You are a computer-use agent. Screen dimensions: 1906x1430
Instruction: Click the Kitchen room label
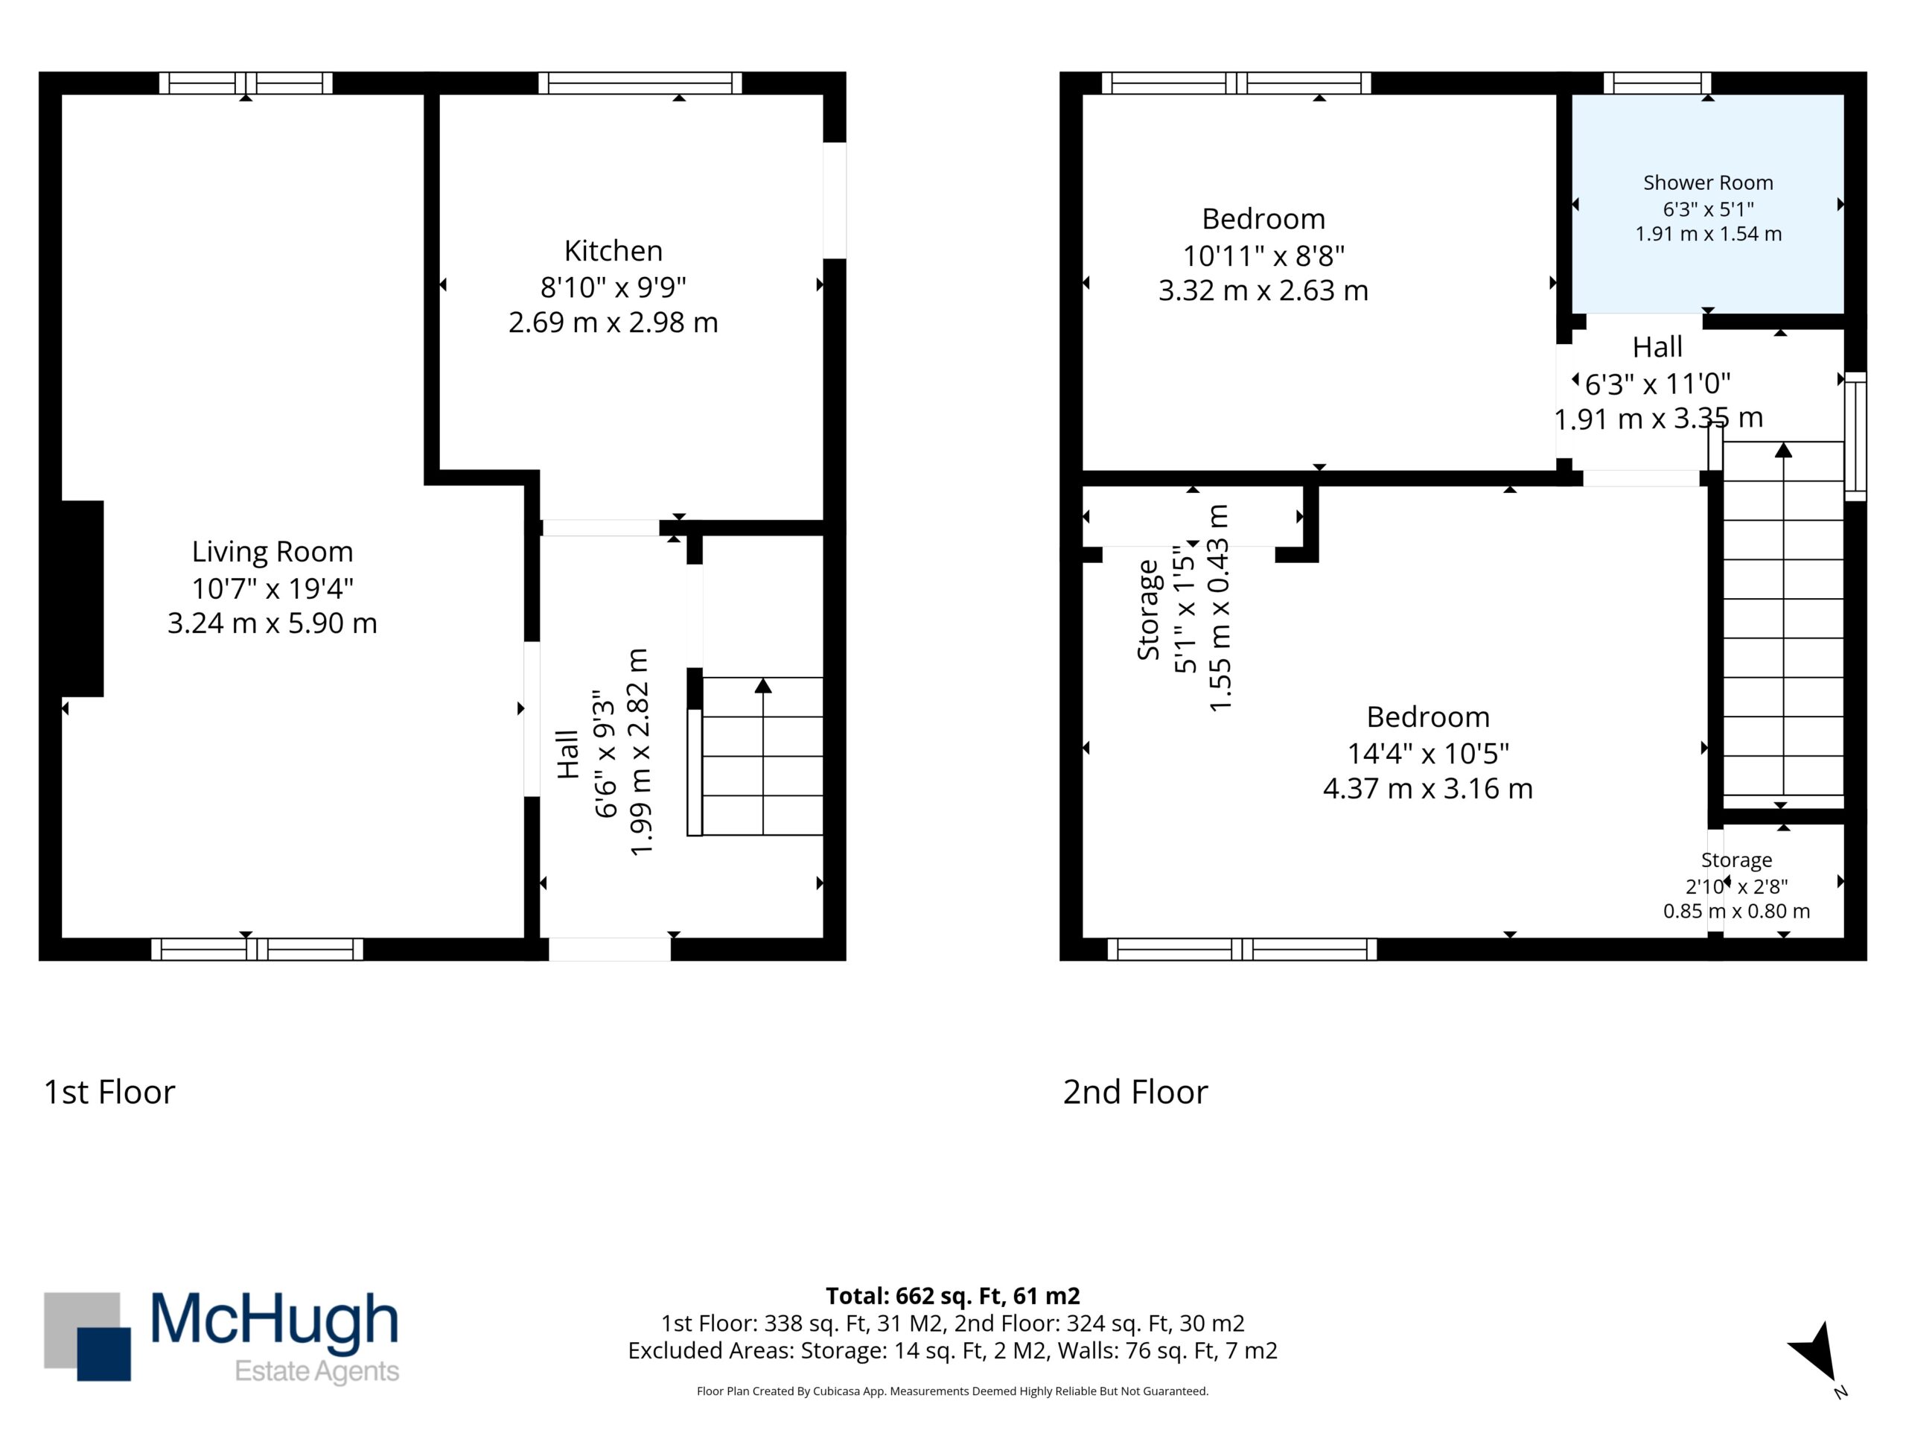pos(613,251)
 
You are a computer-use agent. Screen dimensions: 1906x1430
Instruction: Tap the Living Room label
pos(272,553)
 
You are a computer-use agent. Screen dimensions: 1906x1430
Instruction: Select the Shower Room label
pos(1708,182)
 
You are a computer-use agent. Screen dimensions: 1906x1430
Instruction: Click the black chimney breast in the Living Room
pos(82,598)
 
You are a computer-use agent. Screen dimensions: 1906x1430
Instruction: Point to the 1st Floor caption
pos(109,1092)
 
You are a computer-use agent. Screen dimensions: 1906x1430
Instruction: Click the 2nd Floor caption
pos(1135,1092)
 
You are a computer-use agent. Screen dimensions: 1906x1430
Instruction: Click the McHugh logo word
pos(275,1320)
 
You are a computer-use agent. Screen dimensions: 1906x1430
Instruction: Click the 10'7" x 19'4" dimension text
pos(272,588)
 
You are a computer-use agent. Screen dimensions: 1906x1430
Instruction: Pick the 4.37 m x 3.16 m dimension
pos(1428,789)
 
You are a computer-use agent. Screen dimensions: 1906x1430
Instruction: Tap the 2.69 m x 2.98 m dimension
pos(613,322)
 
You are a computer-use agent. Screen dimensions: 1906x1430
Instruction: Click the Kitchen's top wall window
pos(640,83)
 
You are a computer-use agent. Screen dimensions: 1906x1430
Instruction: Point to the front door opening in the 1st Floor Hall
pos(609,949)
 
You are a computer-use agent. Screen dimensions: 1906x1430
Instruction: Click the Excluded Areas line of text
pos(952,1351)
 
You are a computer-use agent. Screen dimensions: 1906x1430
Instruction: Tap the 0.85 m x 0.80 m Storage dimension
pos(1736,911)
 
